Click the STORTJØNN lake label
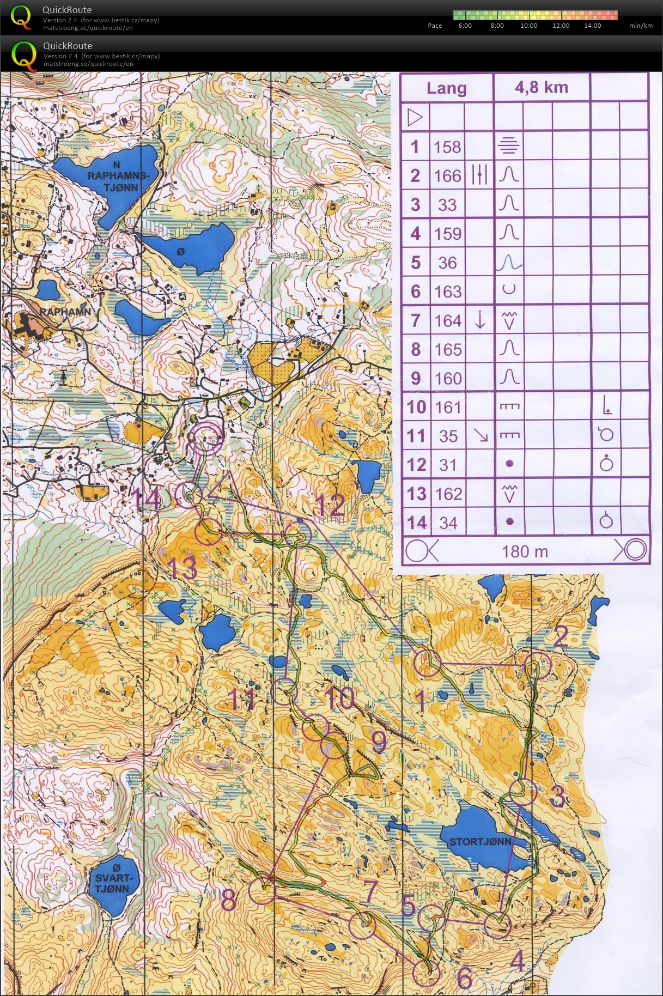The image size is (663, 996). [480, 842]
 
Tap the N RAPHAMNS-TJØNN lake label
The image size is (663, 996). [117, 176]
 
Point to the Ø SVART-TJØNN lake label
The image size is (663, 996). [113, 878]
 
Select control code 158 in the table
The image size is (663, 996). [447, 147]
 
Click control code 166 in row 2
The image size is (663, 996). [447, 176]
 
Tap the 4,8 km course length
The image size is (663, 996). [541, 88]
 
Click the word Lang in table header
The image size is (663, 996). [446, 88]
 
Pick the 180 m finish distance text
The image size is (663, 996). [524, 551]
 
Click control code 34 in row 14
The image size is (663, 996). [448, 523]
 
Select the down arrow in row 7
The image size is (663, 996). [479, 320]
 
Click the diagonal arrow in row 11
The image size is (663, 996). [480, 435]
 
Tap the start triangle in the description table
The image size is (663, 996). [415, 117]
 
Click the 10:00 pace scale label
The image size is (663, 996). [528, 26]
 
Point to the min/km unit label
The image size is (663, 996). [641, 26]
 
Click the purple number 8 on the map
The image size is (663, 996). [229, 900]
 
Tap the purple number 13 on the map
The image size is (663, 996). [182, 568]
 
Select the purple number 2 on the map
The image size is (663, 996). [561, 636]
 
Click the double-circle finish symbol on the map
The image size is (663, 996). [205, 438]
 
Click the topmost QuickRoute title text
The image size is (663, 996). [67, 10]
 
